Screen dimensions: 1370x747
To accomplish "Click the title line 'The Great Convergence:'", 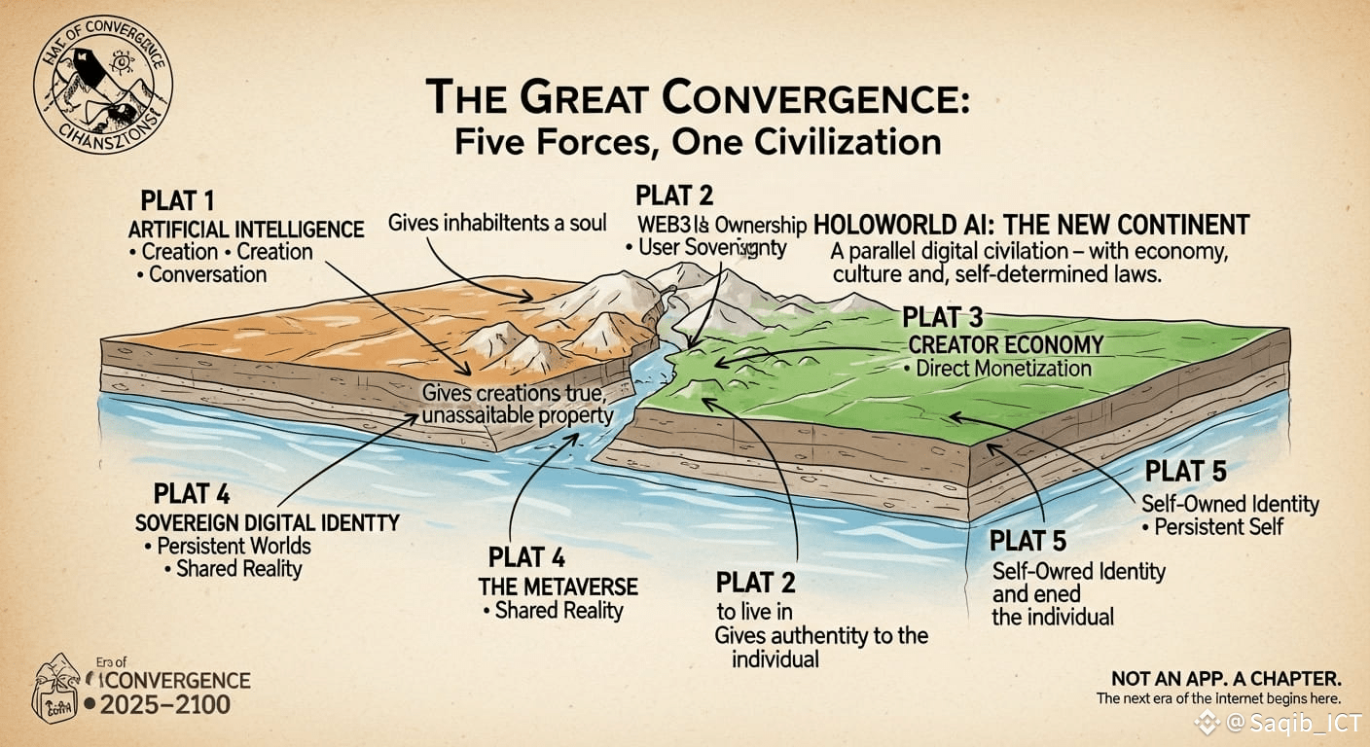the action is pos(697,101).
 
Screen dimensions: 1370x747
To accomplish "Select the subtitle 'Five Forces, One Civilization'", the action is pos(698,143).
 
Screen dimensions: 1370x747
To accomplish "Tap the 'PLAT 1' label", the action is pos(177,201).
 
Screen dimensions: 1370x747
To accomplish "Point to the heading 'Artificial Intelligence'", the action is pos(246,230).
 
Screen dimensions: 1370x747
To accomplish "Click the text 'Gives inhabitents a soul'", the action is pos(496,223).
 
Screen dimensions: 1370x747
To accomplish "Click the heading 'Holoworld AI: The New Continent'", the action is pos(1030,225).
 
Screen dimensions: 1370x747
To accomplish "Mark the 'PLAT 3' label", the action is pos(943,317).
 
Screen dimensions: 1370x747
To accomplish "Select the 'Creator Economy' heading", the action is pos(1005,344).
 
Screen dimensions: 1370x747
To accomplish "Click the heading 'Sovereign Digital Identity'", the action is pos(268,522).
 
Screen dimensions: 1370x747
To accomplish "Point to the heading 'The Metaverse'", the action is pos(558,587).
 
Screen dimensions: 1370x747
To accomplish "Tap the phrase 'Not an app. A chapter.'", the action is pos(1227,678).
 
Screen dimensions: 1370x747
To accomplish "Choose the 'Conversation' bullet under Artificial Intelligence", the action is pos(206,274).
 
